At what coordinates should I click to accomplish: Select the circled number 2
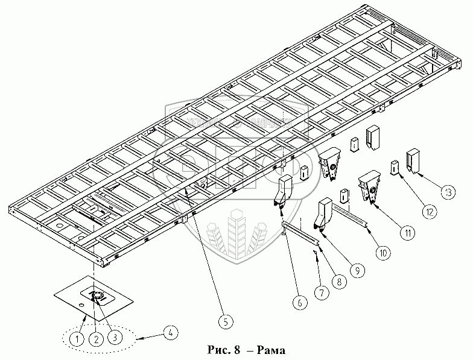(x=95, y=339)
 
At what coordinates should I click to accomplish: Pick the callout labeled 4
(x=173, y=332)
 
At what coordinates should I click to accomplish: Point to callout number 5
(x=224, y=321)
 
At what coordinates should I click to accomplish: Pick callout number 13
(x=447, y=192)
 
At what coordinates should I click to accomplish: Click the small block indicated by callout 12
(x=395, y=166)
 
